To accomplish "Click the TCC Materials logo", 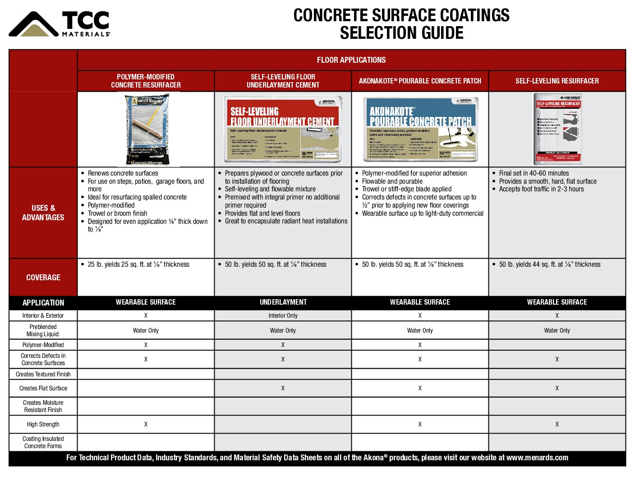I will coord(59,24).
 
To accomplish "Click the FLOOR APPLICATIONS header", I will coord(351,60).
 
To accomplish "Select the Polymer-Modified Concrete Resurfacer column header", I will coord(146,81).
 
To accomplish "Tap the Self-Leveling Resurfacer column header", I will coord(557,81).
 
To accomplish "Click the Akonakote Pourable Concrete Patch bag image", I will coord(420,130).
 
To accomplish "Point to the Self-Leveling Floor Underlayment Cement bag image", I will coord(283,130).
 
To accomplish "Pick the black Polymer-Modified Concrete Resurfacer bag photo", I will coord(147,130).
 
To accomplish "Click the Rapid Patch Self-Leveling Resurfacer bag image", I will coord(557,129).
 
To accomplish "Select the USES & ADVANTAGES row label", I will coord(43,213).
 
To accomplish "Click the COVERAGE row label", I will coord(43,278).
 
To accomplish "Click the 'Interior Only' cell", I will coord(283,315).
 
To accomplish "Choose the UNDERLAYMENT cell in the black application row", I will coord(283,302).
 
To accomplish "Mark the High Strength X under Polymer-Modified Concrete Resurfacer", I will coord(146,424).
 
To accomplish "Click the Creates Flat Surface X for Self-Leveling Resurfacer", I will coord(557,388).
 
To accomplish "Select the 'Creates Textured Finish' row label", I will coord(43,374).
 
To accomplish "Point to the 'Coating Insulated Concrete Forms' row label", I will coord(43,442).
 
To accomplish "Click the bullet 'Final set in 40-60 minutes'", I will coord(534,173).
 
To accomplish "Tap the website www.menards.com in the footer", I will coord(537,458).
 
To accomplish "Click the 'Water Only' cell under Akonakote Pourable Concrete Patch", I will coord(420,330).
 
